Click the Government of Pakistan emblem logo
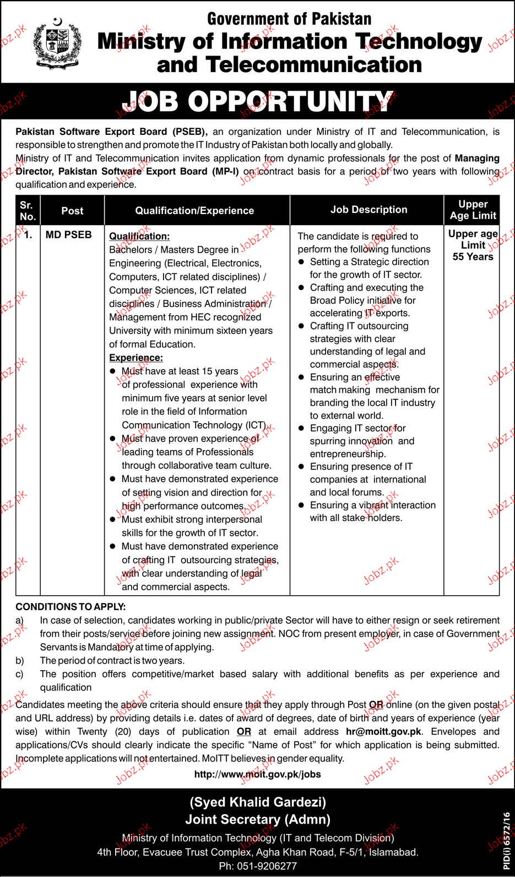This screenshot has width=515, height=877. pos(56,43)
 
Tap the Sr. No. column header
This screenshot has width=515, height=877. pos(27,210)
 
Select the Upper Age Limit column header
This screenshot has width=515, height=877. pos(473,210)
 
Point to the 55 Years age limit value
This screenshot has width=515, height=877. pos(473,256)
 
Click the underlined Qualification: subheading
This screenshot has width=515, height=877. pos(139,236)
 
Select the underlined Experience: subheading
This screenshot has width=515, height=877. pos(136,358)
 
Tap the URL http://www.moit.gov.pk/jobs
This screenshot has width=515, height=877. pos(257,774)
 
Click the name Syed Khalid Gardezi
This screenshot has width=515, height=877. pos(257,802)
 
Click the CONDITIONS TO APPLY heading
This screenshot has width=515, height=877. pos(71,607)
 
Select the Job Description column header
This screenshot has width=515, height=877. pos(368,210)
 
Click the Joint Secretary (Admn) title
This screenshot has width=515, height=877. pos(257,820)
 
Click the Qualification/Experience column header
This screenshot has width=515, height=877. pos(194,210)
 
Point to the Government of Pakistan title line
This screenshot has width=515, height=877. pos(289,19)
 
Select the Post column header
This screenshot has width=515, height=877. pos(72,210)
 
